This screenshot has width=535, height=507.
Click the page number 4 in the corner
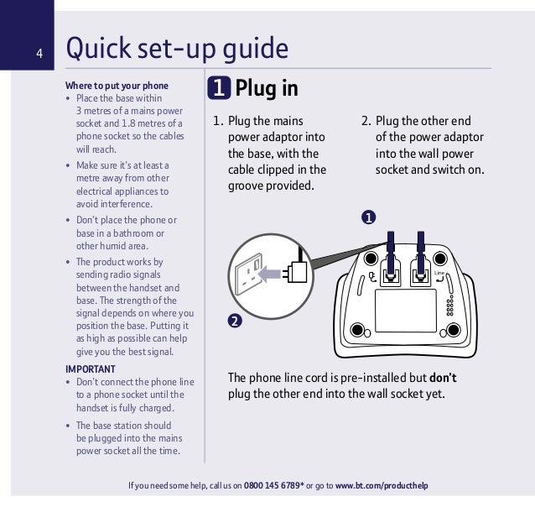(39, 55)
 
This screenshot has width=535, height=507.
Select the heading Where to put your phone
(117, 86)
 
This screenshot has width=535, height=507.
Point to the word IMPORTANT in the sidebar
(91, 369)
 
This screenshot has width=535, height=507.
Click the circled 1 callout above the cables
(367, 218)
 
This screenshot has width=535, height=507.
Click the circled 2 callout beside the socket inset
(236, 321)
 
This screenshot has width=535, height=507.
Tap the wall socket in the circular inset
(251, 272)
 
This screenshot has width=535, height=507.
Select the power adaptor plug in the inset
(294, 271)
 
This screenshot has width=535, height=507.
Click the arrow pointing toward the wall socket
(270, 272)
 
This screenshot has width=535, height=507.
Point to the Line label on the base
(439, 273)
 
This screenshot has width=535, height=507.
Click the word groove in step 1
(249, 186)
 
